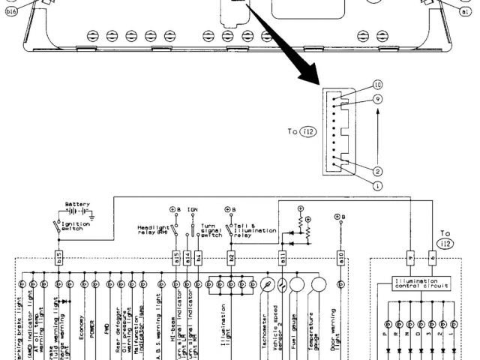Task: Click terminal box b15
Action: click(x=59, y=256)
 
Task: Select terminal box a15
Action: click(x=176, y=256)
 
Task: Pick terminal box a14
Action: click(x=187, y=256)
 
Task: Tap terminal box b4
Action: click(x=199, y=256)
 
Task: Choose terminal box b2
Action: click(x=232, y=256)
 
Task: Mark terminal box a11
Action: click(x=283, y=256)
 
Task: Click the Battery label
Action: click(x=77, y=204)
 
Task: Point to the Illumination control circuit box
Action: click(x=421, y=283)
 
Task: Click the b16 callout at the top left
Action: click(x=10, y=13)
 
